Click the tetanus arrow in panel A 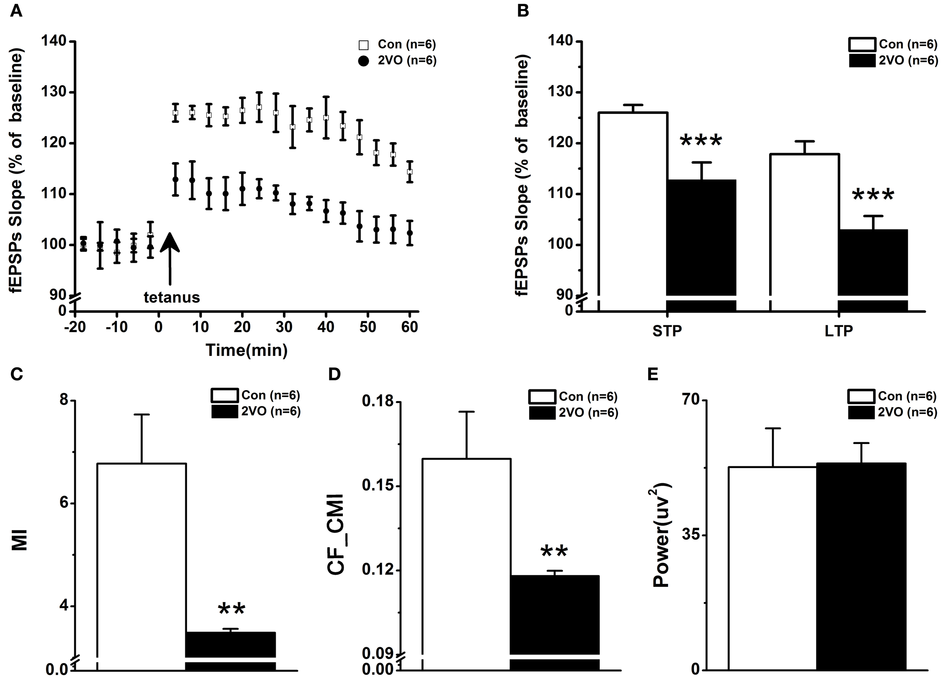[170, 257]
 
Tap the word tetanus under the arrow [172, 297]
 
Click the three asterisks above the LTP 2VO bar [873, 196]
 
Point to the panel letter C [17, 374]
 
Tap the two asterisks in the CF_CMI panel [554, 552]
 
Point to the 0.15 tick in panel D [378, 485]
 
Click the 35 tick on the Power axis [692, 535]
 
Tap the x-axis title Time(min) [247, 350]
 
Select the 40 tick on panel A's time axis [326, 327]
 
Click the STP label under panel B [667, 331]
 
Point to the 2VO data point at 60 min [410, 233]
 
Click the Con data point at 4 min [175, 113]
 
